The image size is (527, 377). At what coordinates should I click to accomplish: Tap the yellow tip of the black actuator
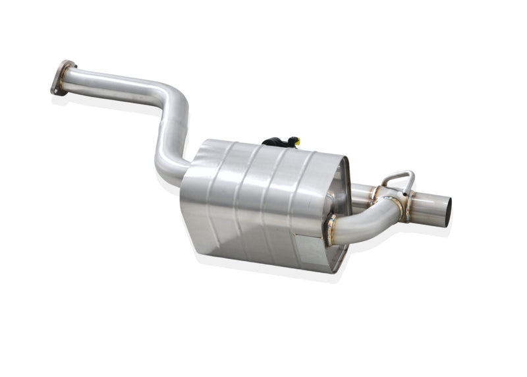(297, 140)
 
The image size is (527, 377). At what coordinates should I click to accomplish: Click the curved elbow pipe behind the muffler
(369, 221)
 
